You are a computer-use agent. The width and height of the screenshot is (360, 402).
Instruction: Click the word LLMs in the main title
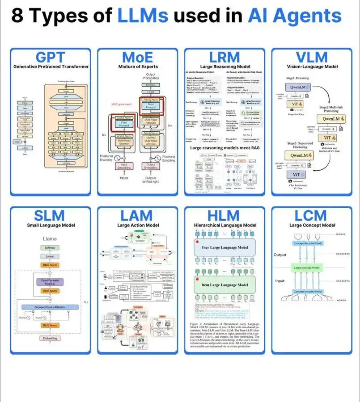(143, 17)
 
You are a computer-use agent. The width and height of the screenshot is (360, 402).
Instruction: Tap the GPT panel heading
(51, 58)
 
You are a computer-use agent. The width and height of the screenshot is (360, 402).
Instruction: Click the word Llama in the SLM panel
(50, 239)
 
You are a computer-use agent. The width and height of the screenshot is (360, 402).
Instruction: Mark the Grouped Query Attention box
(51, 308)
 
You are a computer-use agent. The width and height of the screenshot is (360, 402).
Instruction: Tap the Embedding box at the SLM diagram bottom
(50, 339)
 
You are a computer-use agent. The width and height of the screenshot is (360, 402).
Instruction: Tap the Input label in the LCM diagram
(280, 281)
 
